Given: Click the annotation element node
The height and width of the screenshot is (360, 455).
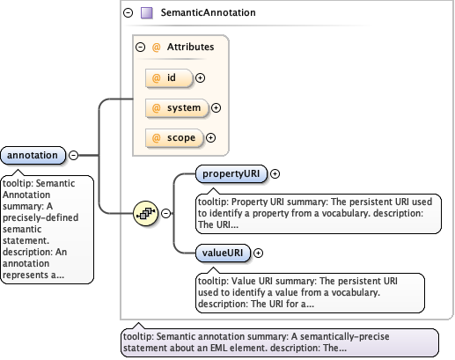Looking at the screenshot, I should pyautogui.click(x=33, y=156).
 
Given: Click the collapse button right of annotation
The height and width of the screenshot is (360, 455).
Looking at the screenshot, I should pyautogui.click(x=74, y=156).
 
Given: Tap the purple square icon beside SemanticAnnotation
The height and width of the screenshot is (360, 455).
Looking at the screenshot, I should pyautogui.click(x=147, y=13).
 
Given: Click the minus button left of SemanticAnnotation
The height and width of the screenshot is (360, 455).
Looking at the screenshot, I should pyautogui.click(x=128, y=13).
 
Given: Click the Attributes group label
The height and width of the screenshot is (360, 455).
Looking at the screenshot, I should pyautogui.click(x=191, y=48).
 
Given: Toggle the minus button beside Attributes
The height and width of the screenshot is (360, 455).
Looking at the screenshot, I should pyautogui.click(x=140, y=48).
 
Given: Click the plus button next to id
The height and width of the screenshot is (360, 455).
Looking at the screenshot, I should pyautogui.click(x=200, y=77).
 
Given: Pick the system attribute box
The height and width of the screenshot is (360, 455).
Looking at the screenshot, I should pyautogui.click(x=175, y=108).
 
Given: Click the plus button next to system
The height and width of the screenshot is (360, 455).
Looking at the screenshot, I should pyautogui.click(x=216, y=108).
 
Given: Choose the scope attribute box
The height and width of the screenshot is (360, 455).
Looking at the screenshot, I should pyautogui.click(x=173, y=138).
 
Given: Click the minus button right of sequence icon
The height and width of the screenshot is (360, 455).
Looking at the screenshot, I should pyautogui.click(x=165, y=213).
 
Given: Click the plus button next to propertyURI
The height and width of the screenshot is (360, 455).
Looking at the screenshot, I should pyautogui.click(x=275, y=173).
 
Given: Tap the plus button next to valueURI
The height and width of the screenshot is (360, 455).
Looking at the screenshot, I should pyautogui.click(x=258, y=253).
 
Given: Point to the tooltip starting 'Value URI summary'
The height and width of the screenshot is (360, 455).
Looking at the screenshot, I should pyautogui.click(x=307, y=291).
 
